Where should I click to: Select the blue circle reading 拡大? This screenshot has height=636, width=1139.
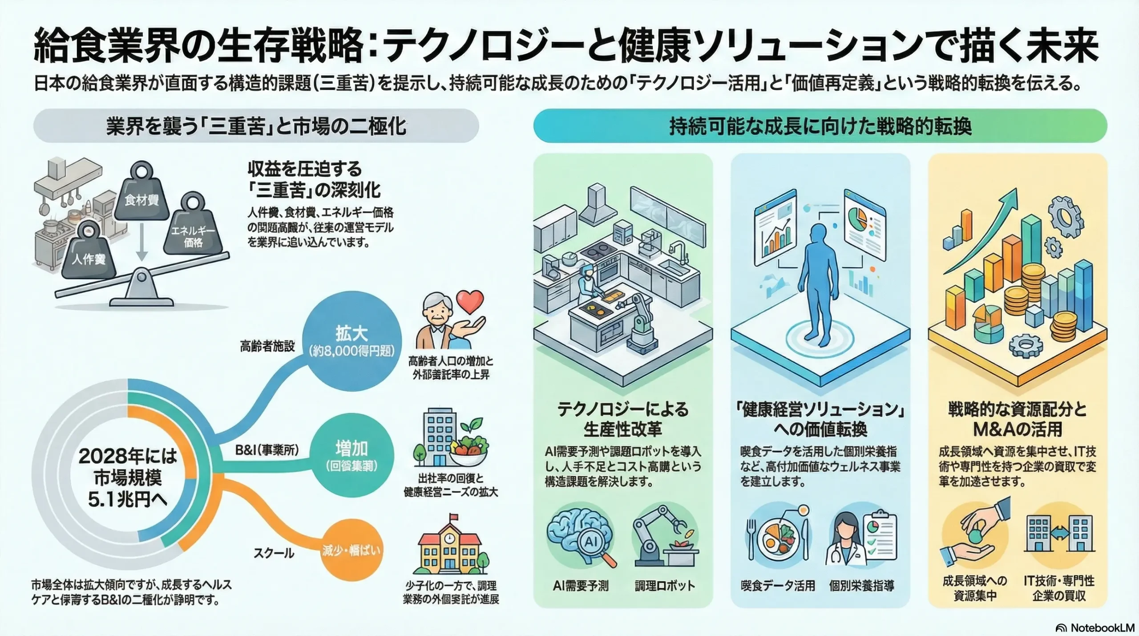click(351, 341)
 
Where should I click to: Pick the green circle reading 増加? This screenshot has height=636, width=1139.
click(351, 456)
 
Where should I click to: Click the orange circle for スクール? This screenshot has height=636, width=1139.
click(351, 551)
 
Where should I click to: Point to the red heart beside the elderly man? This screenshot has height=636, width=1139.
click(470, 301)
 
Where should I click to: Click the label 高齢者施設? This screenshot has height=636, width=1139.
click(267, 346)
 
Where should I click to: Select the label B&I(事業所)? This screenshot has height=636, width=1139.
click(267, 450)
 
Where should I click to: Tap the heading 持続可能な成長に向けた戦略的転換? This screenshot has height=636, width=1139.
click(820, 126)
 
